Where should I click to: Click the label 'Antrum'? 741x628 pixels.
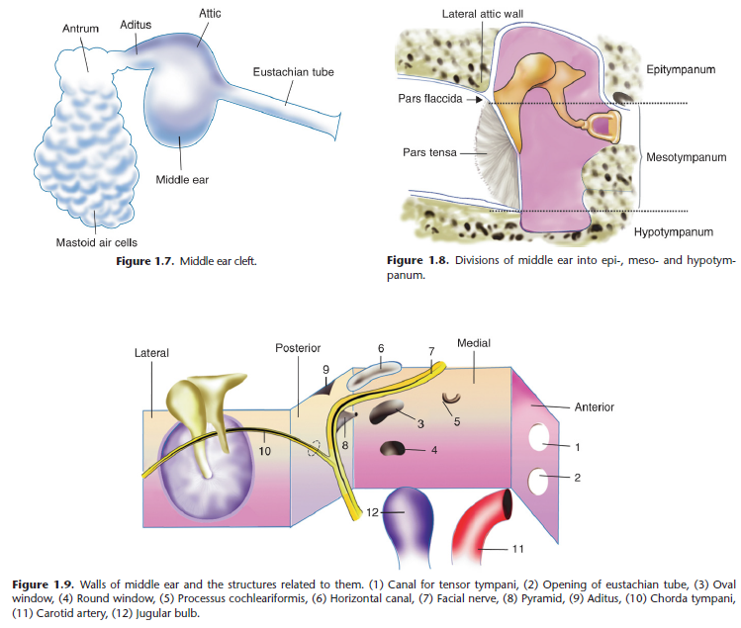coord(81,29)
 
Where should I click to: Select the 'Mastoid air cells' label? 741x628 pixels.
coord(96,241)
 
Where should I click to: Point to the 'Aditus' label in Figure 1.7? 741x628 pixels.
coord(137,23)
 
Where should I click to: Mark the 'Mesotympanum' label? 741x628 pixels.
coord(686,157)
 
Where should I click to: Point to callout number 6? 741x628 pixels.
coord(381,348)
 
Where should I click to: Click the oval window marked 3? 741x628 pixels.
coord(385,409)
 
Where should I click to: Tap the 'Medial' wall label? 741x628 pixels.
coord(474,343)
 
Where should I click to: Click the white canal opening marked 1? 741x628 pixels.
coord(541,436)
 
